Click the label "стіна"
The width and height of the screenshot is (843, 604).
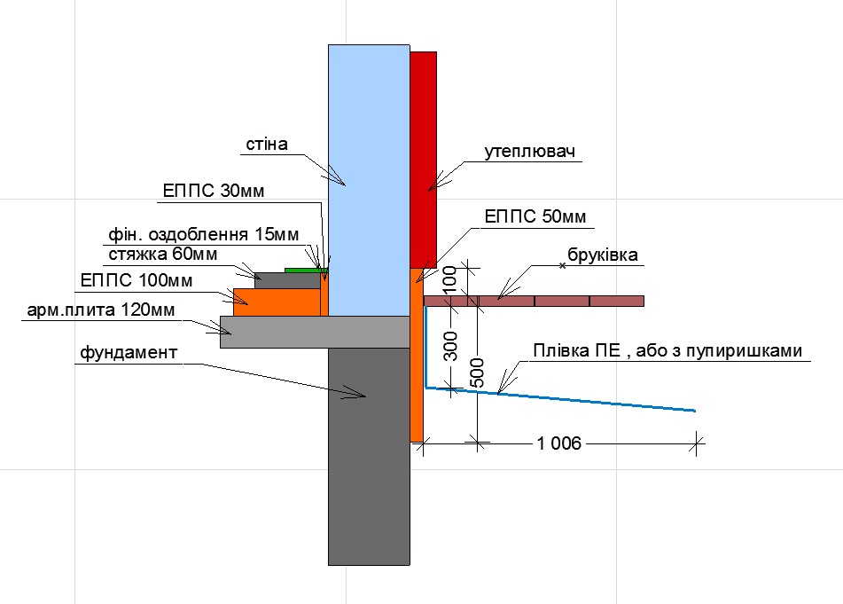pos(267,145)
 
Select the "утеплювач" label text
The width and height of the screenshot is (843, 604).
pos(529,151)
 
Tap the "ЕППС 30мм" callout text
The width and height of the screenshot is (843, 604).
pos(214,191)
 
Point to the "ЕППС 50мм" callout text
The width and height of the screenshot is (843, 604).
pos(535,216)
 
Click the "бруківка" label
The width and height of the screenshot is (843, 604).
pos(603,255)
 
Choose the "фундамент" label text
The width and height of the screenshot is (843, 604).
pos(129,353)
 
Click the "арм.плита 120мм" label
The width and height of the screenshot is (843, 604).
pos(100,310)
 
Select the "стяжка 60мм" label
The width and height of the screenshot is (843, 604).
pos(163,254)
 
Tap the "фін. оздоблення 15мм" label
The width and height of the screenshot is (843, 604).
pos(204,234)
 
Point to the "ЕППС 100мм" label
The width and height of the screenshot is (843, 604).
pos(137,281)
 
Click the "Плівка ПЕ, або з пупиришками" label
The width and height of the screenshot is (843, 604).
pos(667,351)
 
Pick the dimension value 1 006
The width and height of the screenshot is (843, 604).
pos(559,443)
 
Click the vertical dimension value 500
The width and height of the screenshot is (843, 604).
pos(477,373)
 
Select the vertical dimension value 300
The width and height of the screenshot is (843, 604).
pos(450,346)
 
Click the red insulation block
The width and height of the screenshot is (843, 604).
pos(424,160)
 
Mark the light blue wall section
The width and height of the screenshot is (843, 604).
pos(369,180)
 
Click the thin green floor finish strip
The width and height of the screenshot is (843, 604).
pos(306,270)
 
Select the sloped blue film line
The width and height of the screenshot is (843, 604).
pos(561,399)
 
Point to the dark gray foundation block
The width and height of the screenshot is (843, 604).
pos(369,457)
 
